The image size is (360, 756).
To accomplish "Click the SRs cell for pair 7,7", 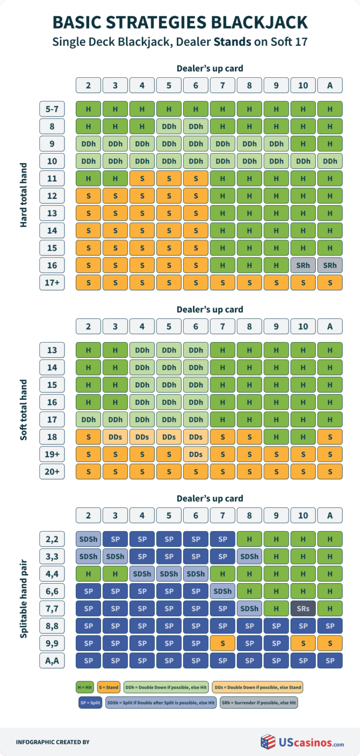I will click(x=303, y=608).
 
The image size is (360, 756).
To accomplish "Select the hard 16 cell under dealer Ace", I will click(x=330, y=265).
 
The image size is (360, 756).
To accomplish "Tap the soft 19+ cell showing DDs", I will click(x=196, y=454).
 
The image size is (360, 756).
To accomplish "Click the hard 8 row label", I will click(x=52, y=126).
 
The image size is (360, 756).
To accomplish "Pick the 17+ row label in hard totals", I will click(x=52, y=283).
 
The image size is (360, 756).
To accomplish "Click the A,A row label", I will click(x=52, y=660).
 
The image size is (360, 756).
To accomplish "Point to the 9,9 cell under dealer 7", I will click(x=223, y=643).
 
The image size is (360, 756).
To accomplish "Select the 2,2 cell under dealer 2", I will click(x=88, y=539).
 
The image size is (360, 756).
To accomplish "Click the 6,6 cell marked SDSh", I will click(x=223, y=591).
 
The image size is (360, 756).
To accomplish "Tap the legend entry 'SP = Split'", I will click(x=89, y=702).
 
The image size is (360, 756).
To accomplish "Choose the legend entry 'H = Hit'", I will click(x=84, y=687).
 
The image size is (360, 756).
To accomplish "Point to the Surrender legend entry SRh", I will click(x=259, y=702).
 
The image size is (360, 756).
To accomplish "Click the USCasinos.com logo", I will click(x=302, y=742).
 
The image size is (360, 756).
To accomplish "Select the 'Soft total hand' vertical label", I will click(x=23, y=409).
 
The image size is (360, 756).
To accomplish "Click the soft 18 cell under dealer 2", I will click(x=88, y=437).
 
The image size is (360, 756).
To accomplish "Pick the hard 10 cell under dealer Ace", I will click(x=330, y=161).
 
